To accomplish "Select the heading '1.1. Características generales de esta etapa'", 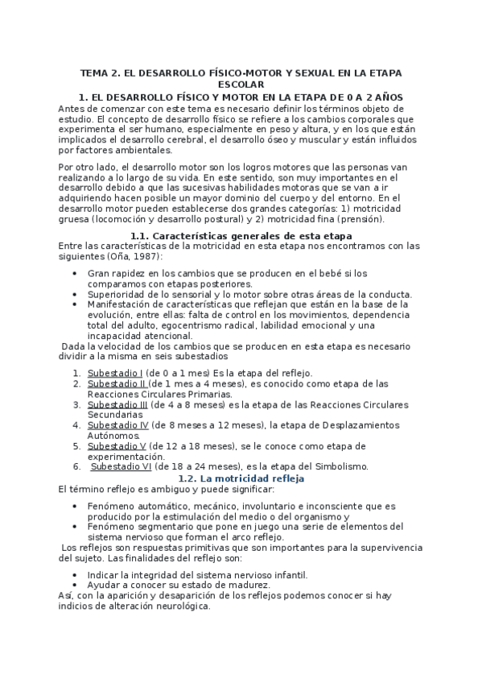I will click(241, 235).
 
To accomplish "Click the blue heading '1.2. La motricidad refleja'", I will click(241, 478).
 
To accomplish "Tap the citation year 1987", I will click(145, 256).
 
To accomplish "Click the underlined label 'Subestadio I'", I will click(115, 373).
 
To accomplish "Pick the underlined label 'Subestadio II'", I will click(117, 383).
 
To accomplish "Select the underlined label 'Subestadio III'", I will click(118, 404).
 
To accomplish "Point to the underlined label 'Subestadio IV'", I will click(118, 424).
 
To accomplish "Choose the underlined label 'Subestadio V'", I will click(117, 445).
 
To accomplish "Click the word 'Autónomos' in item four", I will click(113, 435).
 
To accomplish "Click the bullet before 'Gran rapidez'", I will click(74, 274).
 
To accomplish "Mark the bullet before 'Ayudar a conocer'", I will click(74, 585).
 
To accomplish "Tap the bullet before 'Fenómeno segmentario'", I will click(74, 525).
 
